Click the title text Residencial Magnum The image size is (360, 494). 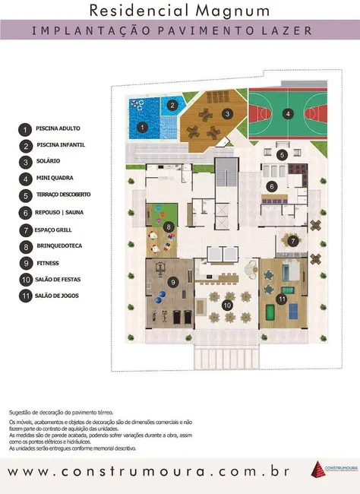pyautogui.click(x=179, y=10)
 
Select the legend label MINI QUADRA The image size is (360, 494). pyautogui.click(x=54, y=179)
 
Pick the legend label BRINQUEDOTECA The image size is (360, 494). pyautogui.click(x=60, y=246)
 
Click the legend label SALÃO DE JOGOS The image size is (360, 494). pyautogui.click(x=58, y=296)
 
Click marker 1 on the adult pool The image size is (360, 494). pyautogui.click(x=143, y=127)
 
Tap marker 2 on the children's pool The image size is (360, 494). pyautogui.click(x=172, y=106)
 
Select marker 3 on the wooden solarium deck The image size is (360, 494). pyautogui.click(x=227, y=114)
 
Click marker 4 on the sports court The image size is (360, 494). pyautogui.click(x=287, y=115)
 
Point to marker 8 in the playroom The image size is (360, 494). pyautogui.click(x=168, y=226)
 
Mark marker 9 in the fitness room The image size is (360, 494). pyautogui.click(x=174, y=283)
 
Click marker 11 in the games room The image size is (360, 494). pyautogui.click(x=282, y=299)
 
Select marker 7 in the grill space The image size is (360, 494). pyautogui.click(x=292, y=241)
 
